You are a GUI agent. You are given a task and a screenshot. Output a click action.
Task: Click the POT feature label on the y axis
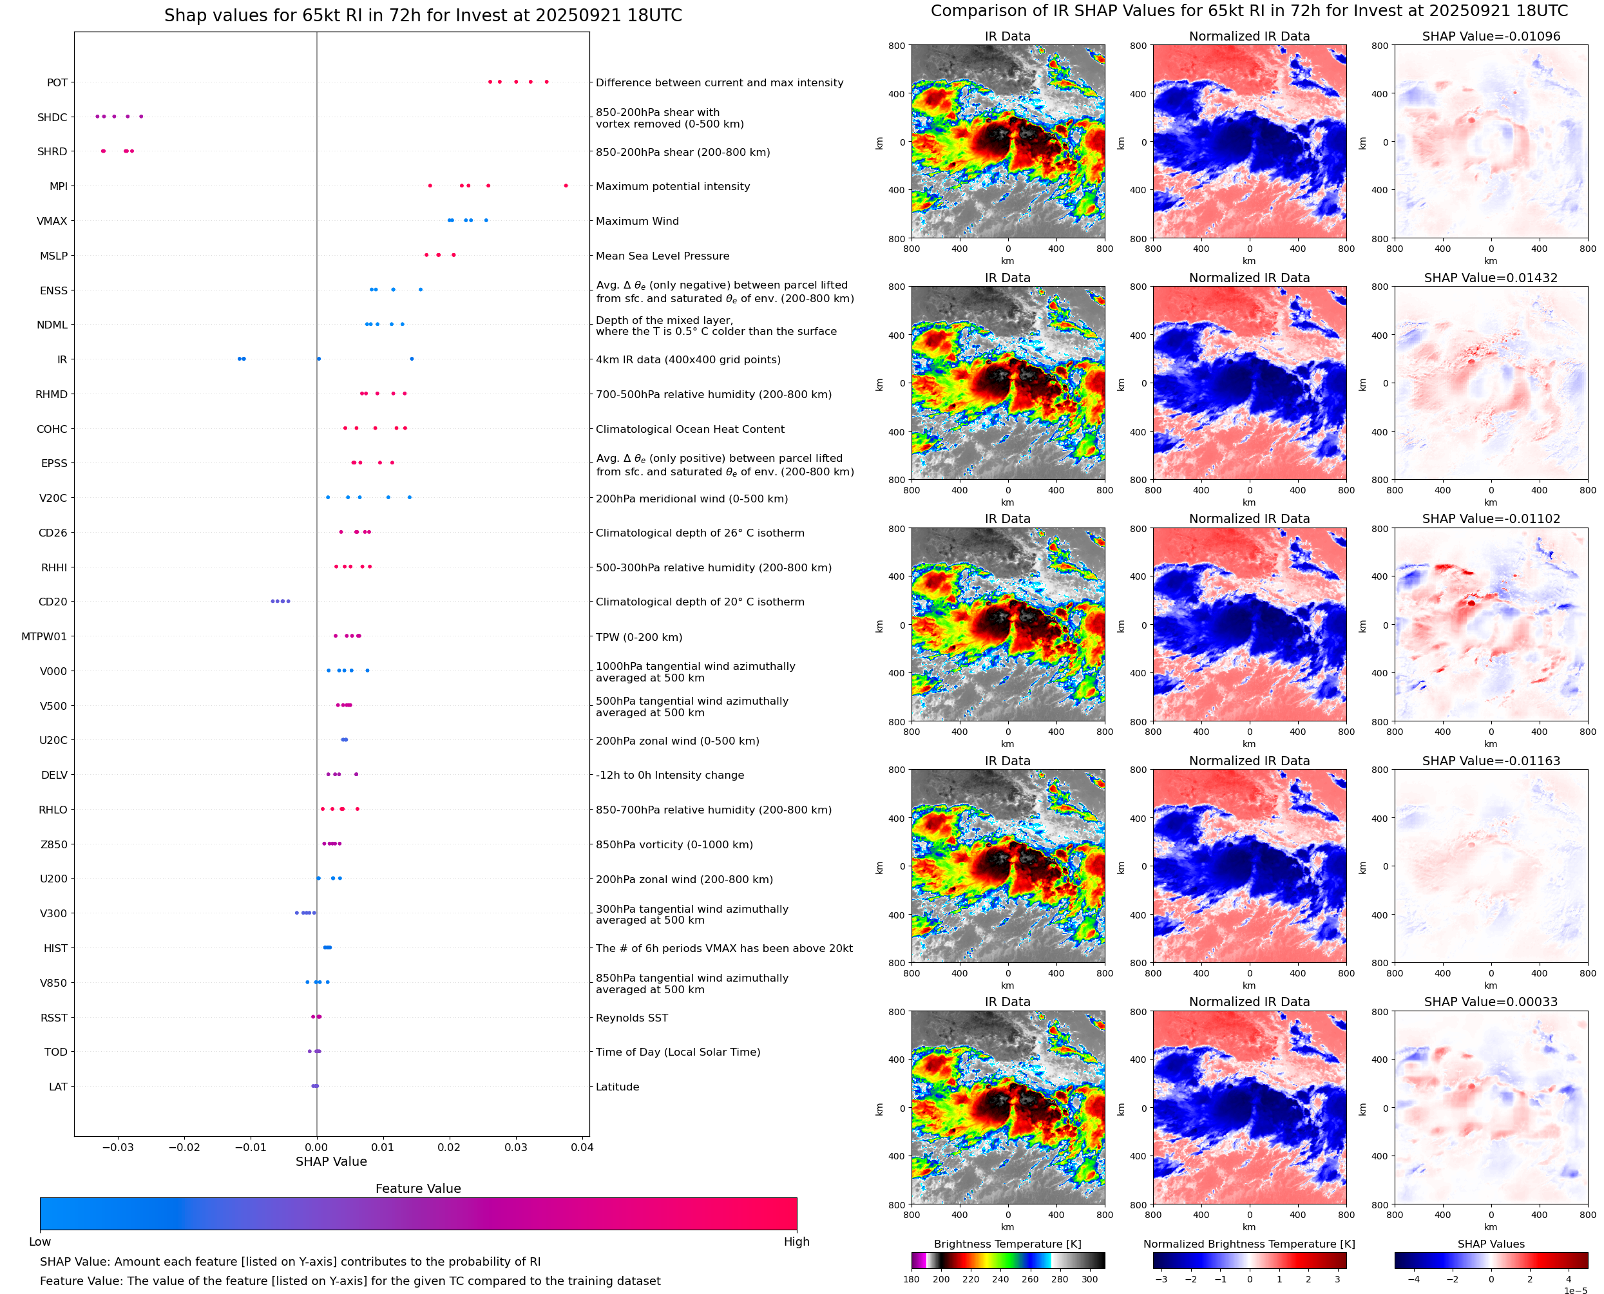pos(57,82)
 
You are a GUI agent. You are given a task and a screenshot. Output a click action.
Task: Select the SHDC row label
pos(52,117)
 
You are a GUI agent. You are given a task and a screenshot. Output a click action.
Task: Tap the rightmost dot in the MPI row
pos(566,186)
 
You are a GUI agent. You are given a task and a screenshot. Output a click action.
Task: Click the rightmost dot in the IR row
pos(412,359)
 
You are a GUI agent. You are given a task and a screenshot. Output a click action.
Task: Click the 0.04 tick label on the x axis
pos(582,1147)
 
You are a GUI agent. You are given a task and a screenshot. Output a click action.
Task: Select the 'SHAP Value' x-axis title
pos(331,1161)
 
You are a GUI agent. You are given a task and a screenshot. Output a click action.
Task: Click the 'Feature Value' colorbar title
pos(418,1188)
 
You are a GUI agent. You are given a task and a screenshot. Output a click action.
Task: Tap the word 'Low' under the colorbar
pos(39,1242)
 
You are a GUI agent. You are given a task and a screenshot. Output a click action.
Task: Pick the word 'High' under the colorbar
pos(796,1242)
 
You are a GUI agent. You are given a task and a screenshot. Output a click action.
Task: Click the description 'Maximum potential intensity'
pos(673,186)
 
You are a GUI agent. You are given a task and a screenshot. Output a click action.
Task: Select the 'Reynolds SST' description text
pos(631,1018)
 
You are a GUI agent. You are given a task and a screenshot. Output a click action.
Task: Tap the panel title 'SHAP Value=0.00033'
pos(1491,1002)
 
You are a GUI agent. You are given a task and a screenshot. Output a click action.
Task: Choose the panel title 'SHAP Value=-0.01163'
pos(1491,761)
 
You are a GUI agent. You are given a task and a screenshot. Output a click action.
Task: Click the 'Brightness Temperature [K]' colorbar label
pos(1007,1244)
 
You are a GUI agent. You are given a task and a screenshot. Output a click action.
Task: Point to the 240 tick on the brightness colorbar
pos(1000,1279)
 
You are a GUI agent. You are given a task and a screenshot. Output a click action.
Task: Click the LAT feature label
pos(58,1087)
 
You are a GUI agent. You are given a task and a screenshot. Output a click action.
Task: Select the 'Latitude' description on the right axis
pos(617,1087)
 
